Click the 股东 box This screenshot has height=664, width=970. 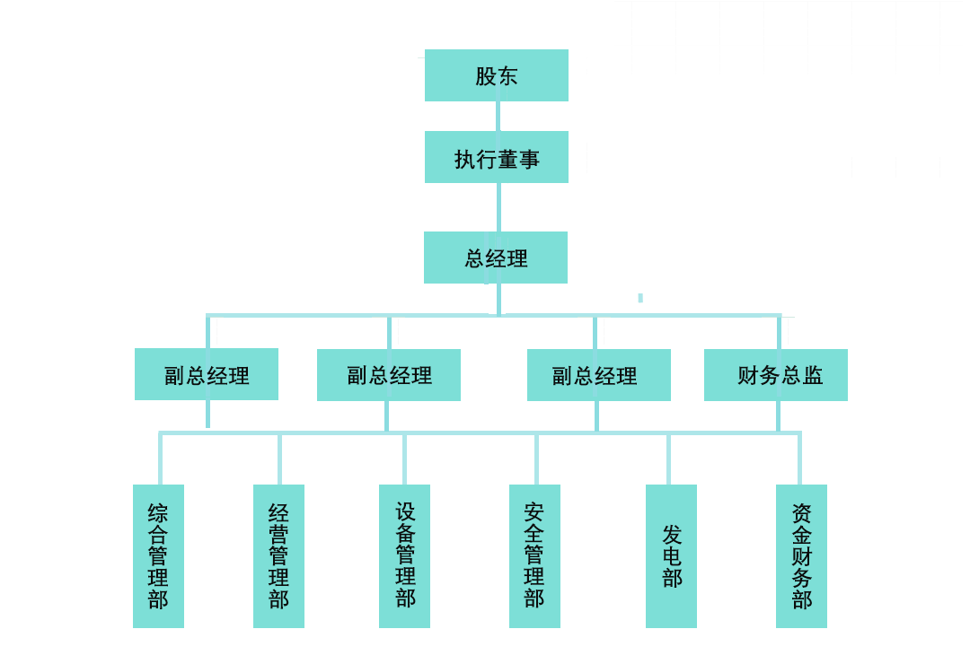point(496,75)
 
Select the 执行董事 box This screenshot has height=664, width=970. point(496,158)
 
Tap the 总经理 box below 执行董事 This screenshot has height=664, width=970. point(496,258)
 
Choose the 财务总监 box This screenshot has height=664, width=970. point(776,375)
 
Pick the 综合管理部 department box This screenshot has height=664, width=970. point(158,556)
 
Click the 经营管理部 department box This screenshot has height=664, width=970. point(278,556)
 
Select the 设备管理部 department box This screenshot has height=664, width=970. point(404,556)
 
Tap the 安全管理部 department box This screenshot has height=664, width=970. point(534,556)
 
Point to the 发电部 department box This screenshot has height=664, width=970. point(671,556)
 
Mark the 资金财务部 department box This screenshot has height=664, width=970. point(801,556)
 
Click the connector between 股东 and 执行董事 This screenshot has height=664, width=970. point(498,117)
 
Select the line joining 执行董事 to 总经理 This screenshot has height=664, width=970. point(498,207)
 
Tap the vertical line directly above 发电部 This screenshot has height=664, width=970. point(668,459)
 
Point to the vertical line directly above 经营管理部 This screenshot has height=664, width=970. point(279,459)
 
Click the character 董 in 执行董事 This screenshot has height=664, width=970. point(508,160)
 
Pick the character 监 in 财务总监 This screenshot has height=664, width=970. point(813,376)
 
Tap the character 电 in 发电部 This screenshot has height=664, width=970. point(672,556)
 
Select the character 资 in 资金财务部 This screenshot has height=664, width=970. point(802,513)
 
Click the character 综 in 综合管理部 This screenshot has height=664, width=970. point(158,513)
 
